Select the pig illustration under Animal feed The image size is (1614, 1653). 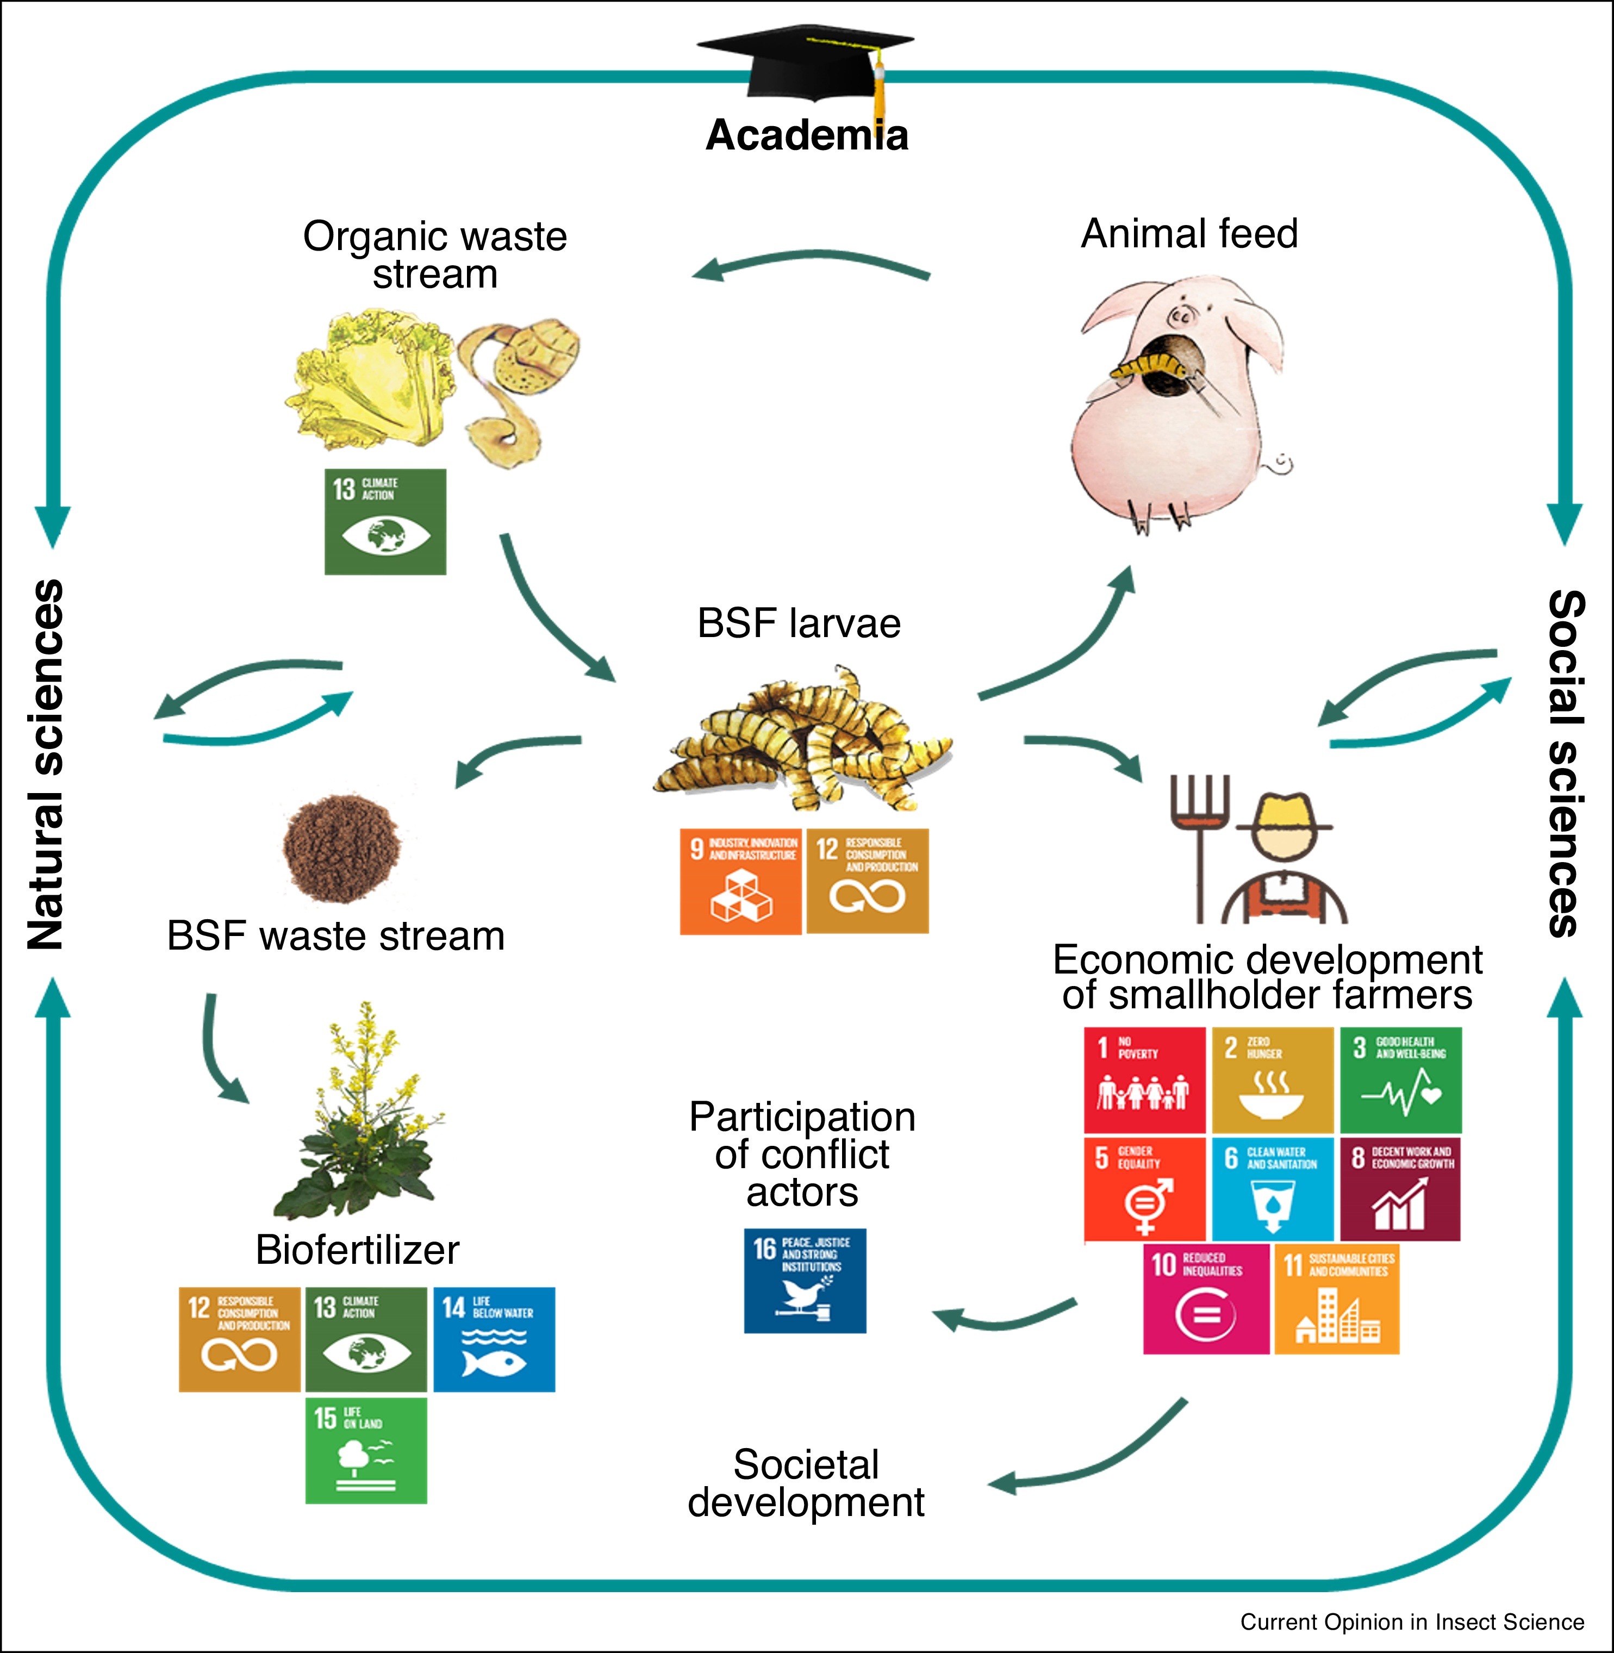pyautogui.click(x=1182, y=403)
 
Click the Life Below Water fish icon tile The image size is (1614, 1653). pyautogui.click(x=494, y=1339)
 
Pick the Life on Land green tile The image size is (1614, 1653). pyautogui.click(x=366, y=1450)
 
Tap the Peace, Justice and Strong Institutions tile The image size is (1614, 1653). pyautogui.click(x=805, y=1281)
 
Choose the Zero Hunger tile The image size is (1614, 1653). pyautogui.click(x=1273, y=1080)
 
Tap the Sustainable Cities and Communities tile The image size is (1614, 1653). pyautogui.click(x=1337, y=1299)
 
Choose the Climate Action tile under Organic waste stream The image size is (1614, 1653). pyautogui.click(x=386, y=521)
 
